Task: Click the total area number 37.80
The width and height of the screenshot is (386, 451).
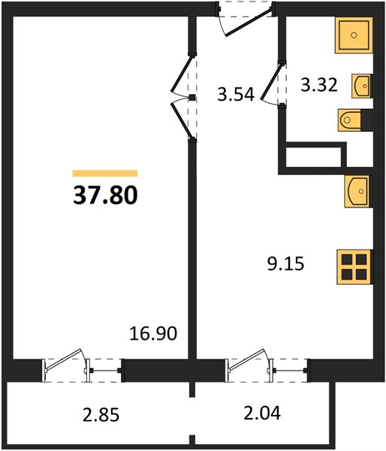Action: click(x=105, y=195)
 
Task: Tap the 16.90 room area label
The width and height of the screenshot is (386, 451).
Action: click(x=153, y=334)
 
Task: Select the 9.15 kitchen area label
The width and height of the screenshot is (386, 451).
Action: click(x=285, y=264)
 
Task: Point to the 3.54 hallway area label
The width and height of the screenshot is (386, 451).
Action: click(x=236, y=95)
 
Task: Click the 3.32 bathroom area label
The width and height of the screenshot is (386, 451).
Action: click(x=319, y=85)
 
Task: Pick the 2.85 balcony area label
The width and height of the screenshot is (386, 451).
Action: click(x=101, y=415)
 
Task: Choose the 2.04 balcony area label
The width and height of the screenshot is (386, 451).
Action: click(x=262, y=413)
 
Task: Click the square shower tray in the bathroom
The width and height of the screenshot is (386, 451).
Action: click(x=354, y=35)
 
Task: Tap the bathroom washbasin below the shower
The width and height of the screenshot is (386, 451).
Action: click(x=361, y=86)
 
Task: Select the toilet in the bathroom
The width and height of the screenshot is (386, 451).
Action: click(x=355, y=120)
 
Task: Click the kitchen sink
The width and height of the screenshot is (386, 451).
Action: click(x=359, y=191)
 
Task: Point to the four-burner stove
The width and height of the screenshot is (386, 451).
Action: click(x=354, y=267)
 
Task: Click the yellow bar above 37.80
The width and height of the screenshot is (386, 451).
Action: click(x=105, y=173)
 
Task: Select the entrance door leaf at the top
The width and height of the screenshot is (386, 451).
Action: click(x=249, y=23)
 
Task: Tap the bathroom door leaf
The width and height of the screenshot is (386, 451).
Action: click(x=271, y=82)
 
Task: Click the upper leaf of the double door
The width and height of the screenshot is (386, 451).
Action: click(x=181, y=74)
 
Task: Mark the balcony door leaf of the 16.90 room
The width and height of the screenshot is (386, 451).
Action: click(x=64, y=359)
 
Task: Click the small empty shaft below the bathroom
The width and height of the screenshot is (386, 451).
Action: click(x=314, y=157)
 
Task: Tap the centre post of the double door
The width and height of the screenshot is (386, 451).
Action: click(x=192, y=98)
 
